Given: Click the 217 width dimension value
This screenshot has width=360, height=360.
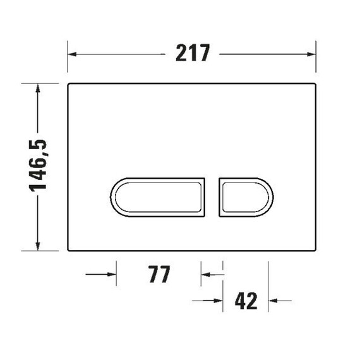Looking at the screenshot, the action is point(193,53).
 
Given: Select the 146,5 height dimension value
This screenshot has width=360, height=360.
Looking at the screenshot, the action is point(38,165).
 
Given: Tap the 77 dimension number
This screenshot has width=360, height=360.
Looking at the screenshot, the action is point(159,274).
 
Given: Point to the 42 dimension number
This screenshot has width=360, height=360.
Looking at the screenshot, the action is point(246,301).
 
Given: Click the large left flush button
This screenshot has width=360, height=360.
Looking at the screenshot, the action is point(157,197).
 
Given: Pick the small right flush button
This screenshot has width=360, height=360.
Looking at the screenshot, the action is point(246,197).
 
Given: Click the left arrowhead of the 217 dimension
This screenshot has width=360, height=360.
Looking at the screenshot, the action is point(72,54).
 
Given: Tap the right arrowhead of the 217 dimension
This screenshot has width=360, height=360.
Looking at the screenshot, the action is point(311,54).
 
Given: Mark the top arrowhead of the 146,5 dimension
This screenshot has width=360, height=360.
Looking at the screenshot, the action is point(38,88).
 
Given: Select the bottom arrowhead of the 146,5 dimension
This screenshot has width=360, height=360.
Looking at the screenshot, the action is point(38,246).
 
